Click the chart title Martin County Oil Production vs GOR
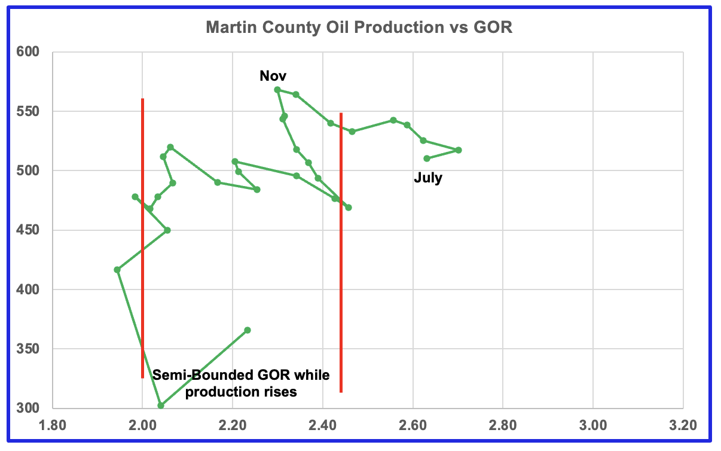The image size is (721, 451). [359, 28]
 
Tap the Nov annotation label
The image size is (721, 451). [273, 76]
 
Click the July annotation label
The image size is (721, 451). [428, 178]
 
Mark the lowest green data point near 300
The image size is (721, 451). [161, 406]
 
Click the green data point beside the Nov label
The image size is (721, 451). [277, 90]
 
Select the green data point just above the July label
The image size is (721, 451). [427, 159]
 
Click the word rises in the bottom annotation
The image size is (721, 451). [280, 392]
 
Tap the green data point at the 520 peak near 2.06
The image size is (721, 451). [170, 147]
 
